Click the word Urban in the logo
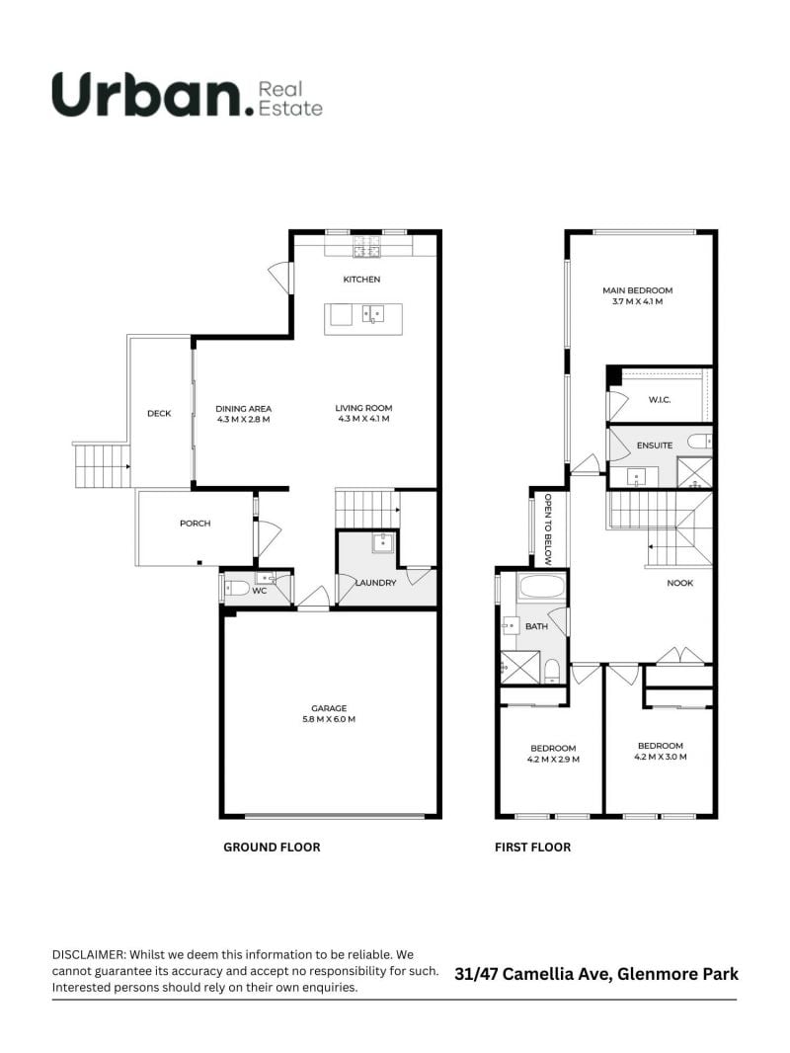(148, 95)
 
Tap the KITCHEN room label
(361, 280)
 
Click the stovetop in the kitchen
(366, 247)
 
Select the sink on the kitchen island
(372, 313)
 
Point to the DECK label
(159, 414)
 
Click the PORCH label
(196, 524)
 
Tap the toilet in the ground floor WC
(236, 589)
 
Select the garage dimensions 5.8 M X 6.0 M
(329, 719)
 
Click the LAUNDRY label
(375, 583)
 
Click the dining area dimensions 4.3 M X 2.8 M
(243, 420)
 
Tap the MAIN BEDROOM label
(638, 290)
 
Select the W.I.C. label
(660, 400)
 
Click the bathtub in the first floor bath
(542, 587)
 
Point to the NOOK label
(680, 583)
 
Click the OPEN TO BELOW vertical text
(548, 529)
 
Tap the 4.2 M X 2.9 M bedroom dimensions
(553, 760)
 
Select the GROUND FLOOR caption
(272, 848)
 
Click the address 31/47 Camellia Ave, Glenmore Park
(596, 974)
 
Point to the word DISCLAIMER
(88, 954)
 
